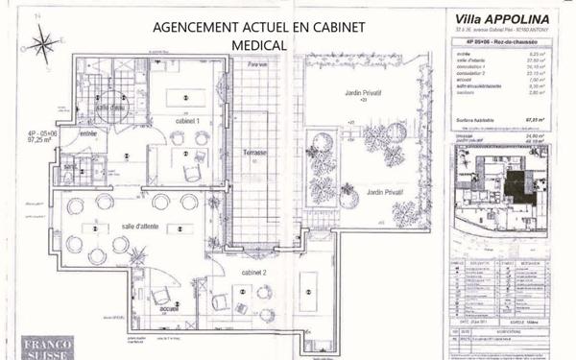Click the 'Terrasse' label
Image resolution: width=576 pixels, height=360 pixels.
pyautogui.click(x=254, y=153)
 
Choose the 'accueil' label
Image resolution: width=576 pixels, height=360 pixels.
pyautogui.click(x=169, y=308)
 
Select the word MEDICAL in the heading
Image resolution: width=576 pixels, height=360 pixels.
pyautogui.click(x=258, y=44)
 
